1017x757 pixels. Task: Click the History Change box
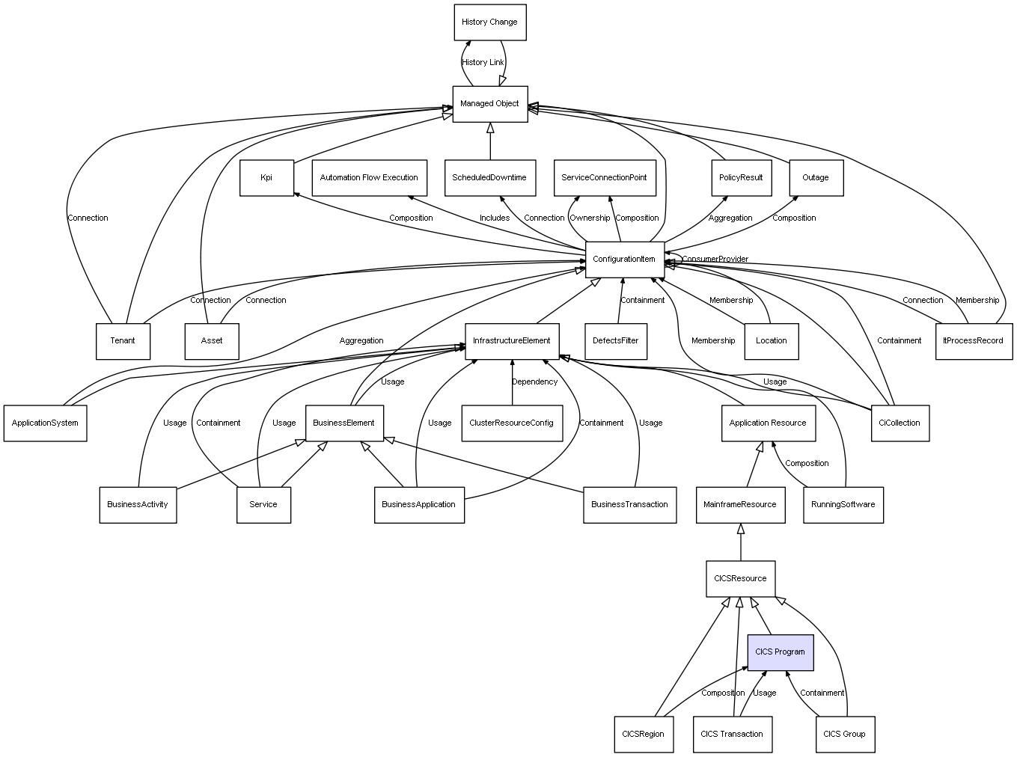pos(490,22)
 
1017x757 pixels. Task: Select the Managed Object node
pos(490,104)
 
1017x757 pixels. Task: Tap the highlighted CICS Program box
pos(781,652)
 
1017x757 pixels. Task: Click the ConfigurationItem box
pos(625,260)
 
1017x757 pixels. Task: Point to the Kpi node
pos(266,178)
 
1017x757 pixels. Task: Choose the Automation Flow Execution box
pos(369,178)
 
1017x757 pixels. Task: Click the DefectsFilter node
pos(616,341)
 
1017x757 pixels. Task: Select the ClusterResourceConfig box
pos(512,423)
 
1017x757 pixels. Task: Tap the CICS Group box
pos(845,734)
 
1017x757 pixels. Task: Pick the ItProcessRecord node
pos(974,341)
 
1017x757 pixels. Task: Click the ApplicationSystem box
pos(45,423)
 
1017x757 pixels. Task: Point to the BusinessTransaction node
pos(629,505)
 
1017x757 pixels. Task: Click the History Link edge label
pos(483,62)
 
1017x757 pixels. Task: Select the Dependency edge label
pos(534,382)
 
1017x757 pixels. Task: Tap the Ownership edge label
pos(590,218)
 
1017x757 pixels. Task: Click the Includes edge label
pos(495,218)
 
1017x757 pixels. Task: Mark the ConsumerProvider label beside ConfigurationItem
pos(715,260)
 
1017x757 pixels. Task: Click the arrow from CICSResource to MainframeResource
pos(741,542)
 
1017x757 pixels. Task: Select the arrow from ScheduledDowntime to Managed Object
pos(490,141)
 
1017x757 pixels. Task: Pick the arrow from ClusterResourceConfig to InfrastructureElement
pos(512,382)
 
